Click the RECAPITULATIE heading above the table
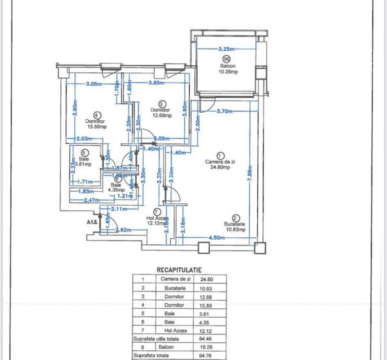coord(180,270)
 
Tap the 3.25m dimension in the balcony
coord(226,49)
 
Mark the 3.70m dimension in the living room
coord(225,111)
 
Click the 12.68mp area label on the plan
coord(160,116)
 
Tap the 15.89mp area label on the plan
coord(97,126)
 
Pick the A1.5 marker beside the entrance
coord(93,222)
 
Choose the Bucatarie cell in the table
coord(173,288)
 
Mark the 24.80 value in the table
coord(206,279)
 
